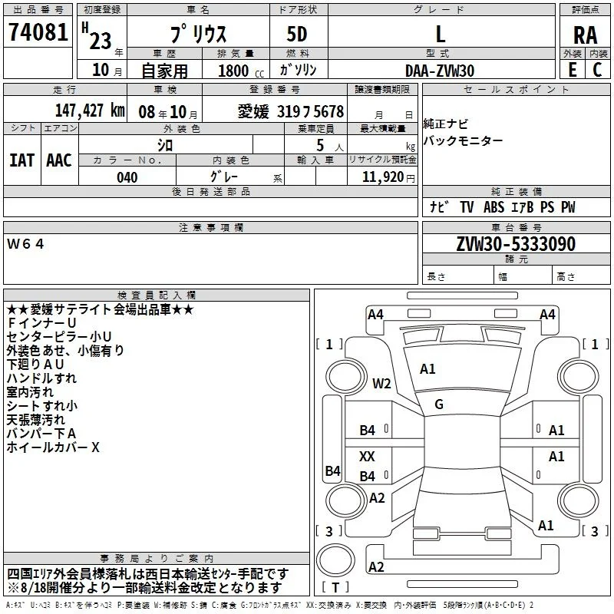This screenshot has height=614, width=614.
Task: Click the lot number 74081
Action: point(38,32)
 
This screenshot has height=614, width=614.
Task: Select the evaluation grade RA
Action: point(585,35)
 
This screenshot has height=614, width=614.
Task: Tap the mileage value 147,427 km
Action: point(90,111)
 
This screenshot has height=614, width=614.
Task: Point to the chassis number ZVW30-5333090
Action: point(516,243)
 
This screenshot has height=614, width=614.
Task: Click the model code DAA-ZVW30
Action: point(440,71)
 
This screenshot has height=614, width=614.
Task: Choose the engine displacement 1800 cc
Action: point(241,71)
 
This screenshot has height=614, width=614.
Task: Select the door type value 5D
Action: point(297,35)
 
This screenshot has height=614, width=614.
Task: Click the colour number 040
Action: point(127,177)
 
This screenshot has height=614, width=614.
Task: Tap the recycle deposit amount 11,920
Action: point(382,177)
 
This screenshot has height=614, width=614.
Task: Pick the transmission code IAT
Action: point(22,160)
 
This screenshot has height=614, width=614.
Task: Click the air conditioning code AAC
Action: point(59,160)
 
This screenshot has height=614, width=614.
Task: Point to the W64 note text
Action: point(25,244)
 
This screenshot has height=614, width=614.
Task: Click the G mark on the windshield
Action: point(439,404)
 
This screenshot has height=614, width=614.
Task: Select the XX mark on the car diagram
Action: point(367,456)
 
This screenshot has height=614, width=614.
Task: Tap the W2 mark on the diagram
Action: point(381,383)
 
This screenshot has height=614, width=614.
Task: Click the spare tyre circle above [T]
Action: point(335,560)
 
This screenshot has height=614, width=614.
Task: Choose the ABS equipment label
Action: point(494,207)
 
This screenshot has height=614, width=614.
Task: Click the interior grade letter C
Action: point(597,70)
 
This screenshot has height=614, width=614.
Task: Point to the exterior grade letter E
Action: point(573,70)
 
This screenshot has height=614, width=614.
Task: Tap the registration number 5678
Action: point(328,111)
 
